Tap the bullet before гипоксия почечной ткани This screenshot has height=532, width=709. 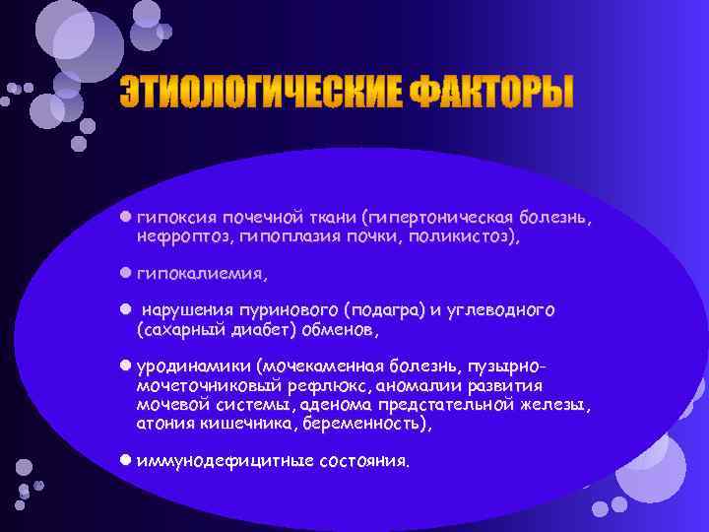[x=125, y=215]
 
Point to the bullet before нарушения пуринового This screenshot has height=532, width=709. [x=125, y=309]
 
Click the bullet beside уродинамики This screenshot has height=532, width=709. [x=125, y=365]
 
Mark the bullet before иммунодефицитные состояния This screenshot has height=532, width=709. [x=125, y=460]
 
